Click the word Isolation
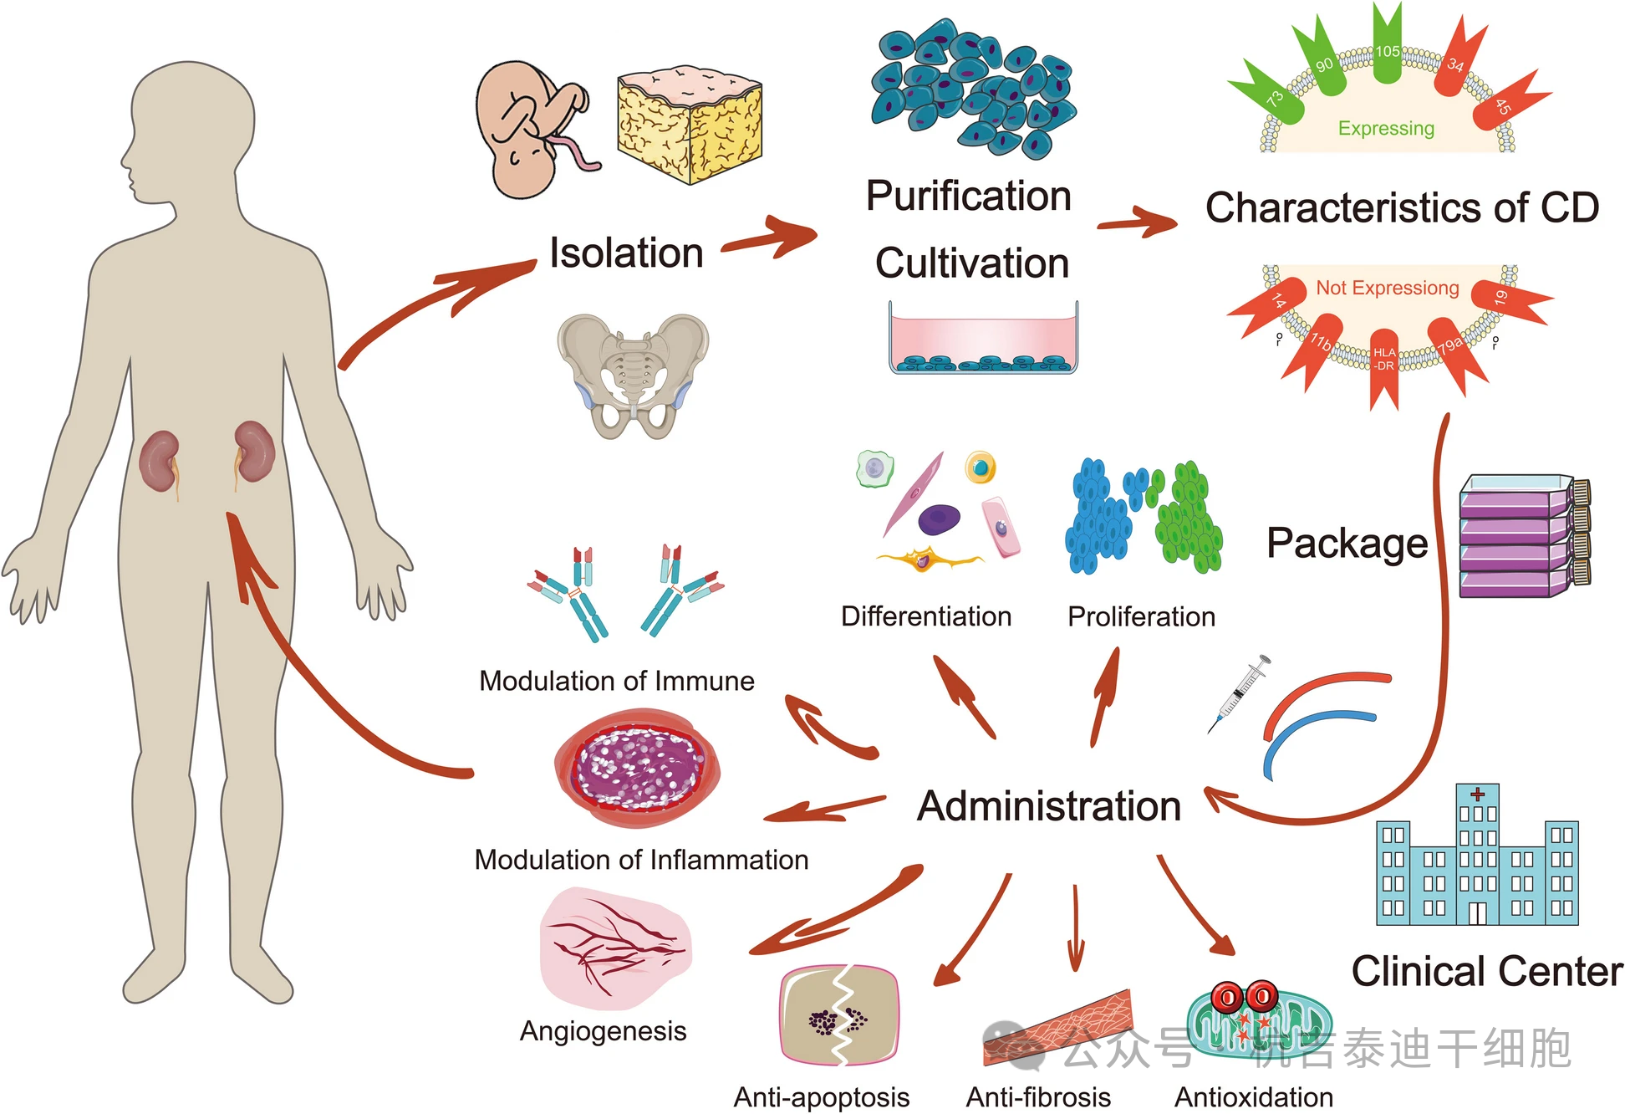point(626,253)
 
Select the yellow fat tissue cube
point(690,125)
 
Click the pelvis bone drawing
point(633,376)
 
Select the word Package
point(1347,544)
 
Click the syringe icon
point(1240,693)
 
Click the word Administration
point(1049,806)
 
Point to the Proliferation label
point(1141,617)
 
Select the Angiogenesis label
point(603,1031)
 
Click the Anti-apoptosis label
point(821,1096)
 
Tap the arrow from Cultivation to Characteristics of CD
point(1138,223)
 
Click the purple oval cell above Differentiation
point(939,519)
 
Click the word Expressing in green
point(1386,129)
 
